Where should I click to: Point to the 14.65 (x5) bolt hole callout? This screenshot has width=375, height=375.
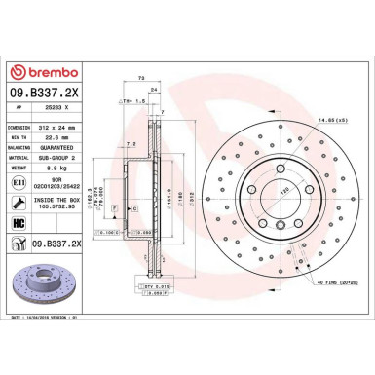(x=336, y=119)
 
